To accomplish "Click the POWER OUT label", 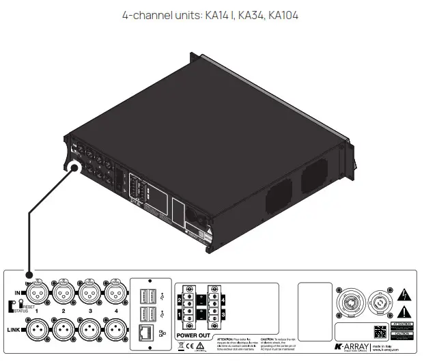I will tap(194, 336).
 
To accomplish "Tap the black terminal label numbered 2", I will tap(180, 299).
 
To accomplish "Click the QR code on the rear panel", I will tap(380, 331).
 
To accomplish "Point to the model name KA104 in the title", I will tap(283, 14).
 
